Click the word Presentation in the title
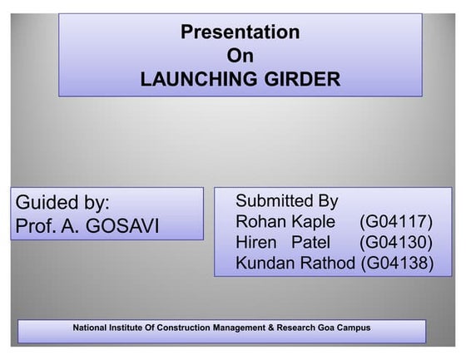tap(240, 32)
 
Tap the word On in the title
tap(240, 56)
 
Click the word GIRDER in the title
tap(300, 80)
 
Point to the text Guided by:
tap(62, 203)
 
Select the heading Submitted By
tap(286, 200)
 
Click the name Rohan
tap(261, 222)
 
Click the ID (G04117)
tap(395, 222)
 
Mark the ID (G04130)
tap(395, 243)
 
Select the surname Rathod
tap(330, 264)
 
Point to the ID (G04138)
tap(397, 264)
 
